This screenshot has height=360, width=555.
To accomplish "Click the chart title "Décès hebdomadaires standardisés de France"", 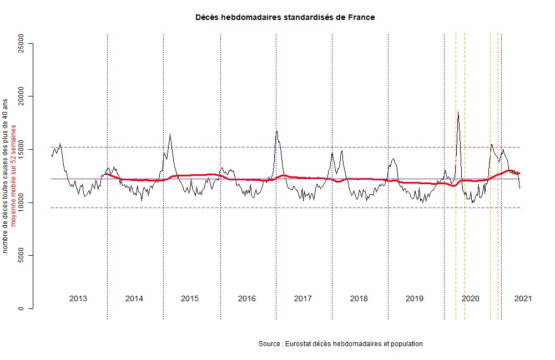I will pos(285,17).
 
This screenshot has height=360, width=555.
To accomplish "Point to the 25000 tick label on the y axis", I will pos(21,43).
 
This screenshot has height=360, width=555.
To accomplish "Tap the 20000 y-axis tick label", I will pos(21,97).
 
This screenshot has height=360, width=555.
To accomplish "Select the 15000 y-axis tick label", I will pos(21,150).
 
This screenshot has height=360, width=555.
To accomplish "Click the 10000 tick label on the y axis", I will pos(21,202).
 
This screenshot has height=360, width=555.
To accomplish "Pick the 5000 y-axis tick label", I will pos(21,256).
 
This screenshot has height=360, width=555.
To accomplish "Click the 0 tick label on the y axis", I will pos(21,308).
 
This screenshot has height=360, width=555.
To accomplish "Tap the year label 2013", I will pos(78,298).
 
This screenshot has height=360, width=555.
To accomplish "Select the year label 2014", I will pos(134,298).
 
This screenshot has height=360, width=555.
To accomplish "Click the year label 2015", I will pos(190,298).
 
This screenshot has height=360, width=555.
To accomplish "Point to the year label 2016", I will pos(246,298).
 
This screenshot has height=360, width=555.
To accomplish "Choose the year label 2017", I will pos(302,298).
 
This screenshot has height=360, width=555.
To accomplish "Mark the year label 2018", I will pos(359,298).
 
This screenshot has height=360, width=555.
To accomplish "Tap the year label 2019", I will pos(415,298).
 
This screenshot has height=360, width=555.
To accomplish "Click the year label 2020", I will pos(471,298).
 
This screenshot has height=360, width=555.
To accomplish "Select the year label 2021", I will pos(523,298).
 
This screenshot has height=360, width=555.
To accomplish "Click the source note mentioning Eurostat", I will pos(341,344).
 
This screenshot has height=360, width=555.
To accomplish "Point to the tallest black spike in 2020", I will pos(458,113).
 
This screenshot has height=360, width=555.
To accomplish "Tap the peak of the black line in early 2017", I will pos(276,131).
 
